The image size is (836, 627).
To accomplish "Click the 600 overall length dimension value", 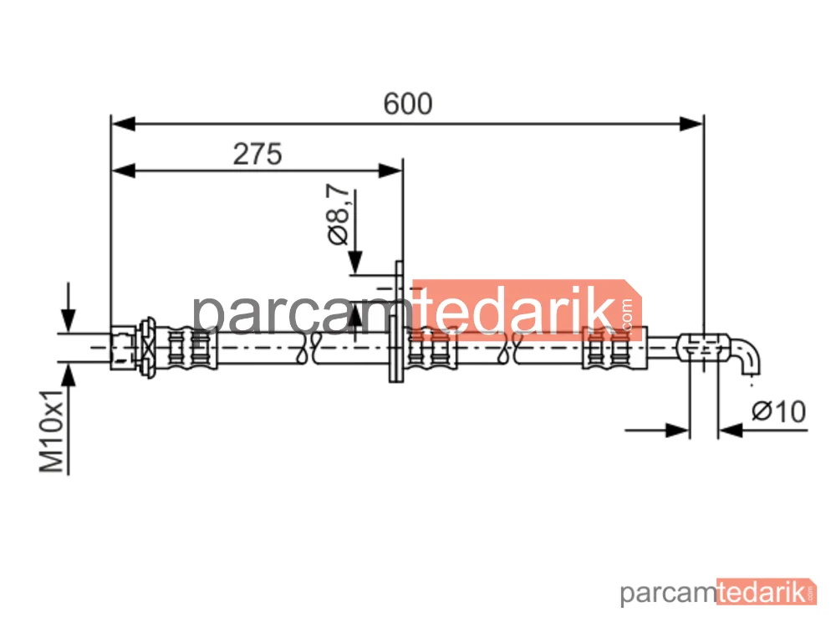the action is (x=408, y=104).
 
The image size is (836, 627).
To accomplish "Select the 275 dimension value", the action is (x=257, y=154).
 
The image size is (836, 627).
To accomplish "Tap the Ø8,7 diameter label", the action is (x=339, y=214).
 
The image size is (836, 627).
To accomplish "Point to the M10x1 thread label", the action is (x=52, y=431).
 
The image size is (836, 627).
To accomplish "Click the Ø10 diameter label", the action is (x=778, y=411).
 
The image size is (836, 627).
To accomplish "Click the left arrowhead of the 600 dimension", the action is (x=124, y=125).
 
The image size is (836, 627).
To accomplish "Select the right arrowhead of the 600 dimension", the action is (x=691, y=125).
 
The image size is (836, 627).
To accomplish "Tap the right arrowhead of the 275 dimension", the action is (x=390, y=171).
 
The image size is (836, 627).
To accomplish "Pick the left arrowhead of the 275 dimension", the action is (x=124, y=171).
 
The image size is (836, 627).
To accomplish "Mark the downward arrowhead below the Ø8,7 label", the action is (x=355, y=263).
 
